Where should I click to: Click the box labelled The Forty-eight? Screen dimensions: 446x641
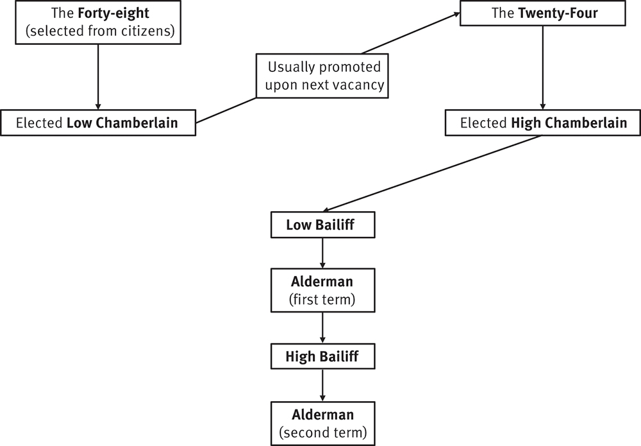98,22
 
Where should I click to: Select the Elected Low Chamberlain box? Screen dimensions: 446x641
98,123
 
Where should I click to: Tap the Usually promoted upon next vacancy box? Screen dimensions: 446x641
324,76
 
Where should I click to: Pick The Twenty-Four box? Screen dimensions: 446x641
544,13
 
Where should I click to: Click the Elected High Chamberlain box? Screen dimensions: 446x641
544,123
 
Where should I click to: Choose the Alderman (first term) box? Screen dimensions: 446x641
322,290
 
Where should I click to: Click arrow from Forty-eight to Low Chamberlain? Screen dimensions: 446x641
98,77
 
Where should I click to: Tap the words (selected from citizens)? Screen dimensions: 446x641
98,30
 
